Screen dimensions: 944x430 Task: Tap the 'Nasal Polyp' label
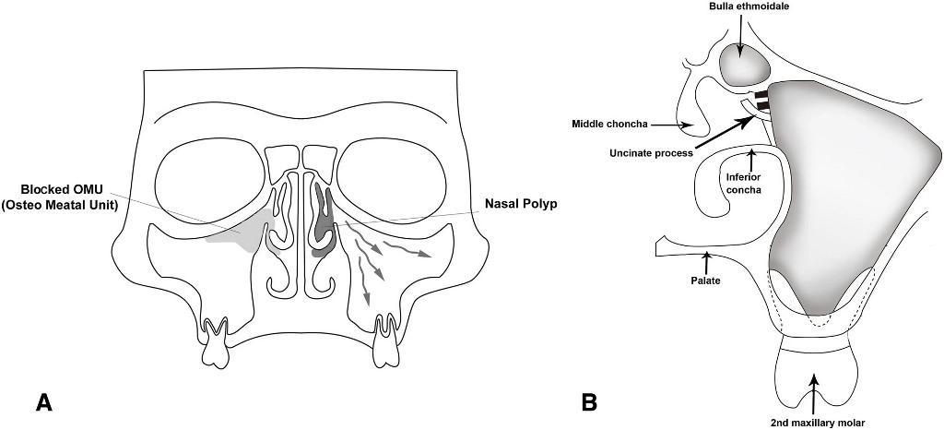(521, 204)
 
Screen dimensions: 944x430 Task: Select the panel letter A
(44, 402)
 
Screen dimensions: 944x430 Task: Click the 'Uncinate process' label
(651, 153)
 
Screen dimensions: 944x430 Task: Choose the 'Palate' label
(706, 281)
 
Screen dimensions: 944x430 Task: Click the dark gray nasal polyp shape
(324, 221)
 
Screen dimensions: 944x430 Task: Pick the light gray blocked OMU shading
(241, 232)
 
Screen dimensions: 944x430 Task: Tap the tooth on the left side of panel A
(216, 342)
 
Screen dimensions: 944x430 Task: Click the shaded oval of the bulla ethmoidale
(745, 64)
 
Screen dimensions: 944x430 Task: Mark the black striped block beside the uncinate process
(762, 102)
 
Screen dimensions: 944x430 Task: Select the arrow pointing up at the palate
(706, 263)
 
